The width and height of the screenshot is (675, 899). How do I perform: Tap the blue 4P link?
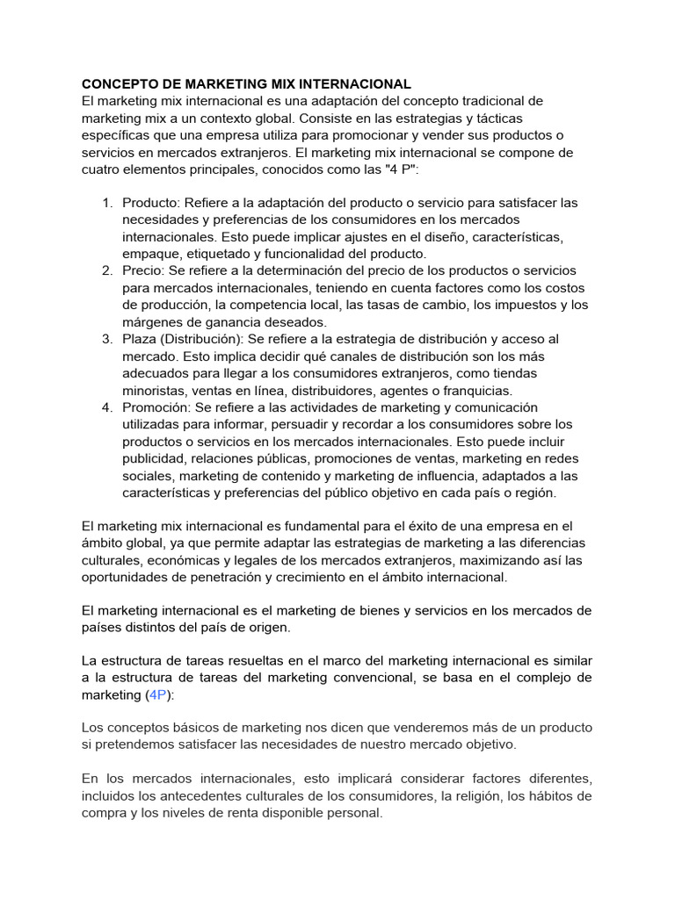click(158, 694)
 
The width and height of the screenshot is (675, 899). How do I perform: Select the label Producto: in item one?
click(151, 203)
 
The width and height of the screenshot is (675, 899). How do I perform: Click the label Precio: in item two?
click(142, 271)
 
